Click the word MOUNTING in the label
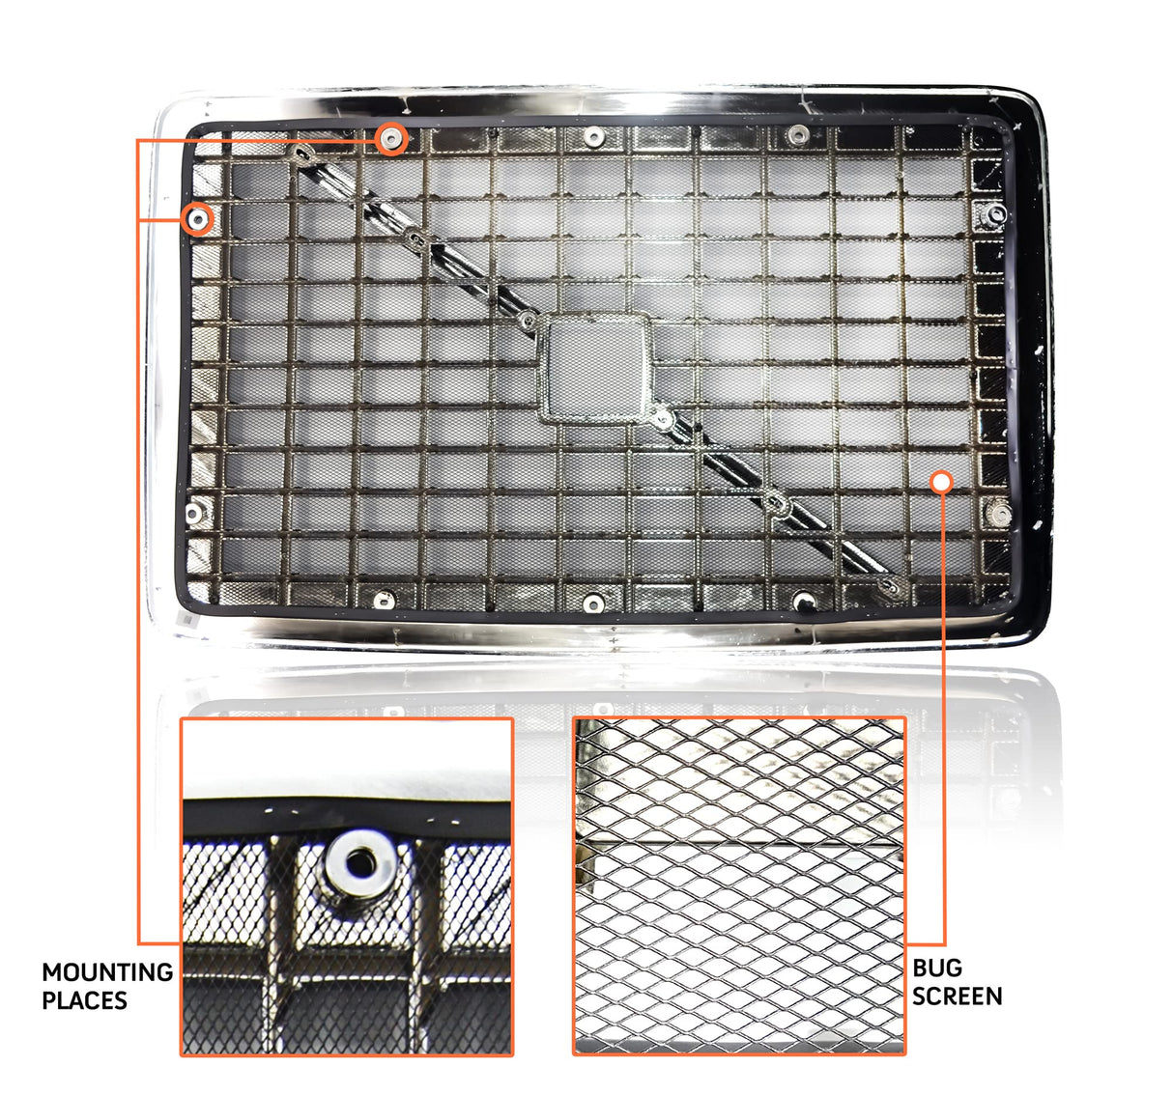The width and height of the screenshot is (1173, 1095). point(107,971)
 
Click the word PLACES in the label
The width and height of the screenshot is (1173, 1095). point(85,1000)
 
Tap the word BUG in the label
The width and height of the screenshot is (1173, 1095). point(936,968)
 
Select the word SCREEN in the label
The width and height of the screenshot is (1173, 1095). point(957,996)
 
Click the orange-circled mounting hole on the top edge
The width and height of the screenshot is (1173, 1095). point(390,139)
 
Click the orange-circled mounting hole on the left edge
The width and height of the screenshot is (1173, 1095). point(198,219)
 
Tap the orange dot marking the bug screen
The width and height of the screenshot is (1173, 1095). point(941,481)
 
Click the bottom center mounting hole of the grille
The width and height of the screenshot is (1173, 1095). point(594,604)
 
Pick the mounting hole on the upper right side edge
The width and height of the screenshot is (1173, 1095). point(996,213)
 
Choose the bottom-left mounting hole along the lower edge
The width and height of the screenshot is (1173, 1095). point(384,601)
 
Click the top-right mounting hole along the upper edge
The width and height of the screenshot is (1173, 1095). point(797,134)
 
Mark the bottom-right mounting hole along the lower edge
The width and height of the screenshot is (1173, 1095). point(802,603)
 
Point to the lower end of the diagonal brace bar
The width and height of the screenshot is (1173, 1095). point(892,585)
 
